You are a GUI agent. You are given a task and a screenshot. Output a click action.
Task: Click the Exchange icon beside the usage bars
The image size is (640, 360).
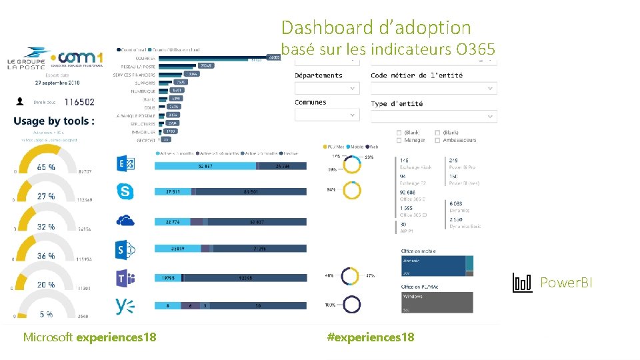(125, 164)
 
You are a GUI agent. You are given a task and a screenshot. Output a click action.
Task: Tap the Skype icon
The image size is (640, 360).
(125, 192)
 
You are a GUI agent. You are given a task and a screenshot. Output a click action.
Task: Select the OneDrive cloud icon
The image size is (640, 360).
(125, 221)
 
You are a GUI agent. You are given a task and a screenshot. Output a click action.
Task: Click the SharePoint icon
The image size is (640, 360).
(125, 249)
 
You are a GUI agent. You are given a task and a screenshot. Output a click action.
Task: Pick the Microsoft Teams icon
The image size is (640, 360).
(125, 278)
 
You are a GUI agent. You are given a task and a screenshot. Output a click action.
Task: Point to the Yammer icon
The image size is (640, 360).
(125, 306)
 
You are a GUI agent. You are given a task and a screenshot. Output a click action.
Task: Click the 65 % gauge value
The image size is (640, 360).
(46, 167)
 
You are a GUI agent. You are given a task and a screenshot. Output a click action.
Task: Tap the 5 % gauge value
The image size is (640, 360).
(46, 314)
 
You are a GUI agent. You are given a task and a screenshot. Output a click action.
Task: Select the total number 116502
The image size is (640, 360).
(77, 102)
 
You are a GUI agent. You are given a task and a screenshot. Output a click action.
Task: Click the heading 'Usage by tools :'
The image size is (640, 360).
(53, 121)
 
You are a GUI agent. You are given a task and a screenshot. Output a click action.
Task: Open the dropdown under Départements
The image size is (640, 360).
(327, 88)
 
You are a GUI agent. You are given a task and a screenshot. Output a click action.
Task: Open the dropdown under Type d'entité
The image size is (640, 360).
(433, 116)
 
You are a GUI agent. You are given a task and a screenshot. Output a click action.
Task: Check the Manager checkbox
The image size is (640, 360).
(399, 140)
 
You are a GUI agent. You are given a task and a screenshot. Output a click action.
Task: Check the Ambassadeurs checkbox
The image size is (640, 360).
(437, 140)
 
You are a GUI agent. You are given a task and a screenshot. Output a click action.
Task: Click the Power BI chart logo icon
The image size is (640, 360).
(522, 283)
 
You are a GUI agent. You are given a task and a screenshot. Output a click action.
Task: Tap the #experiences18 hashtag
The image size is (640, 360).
(371, 337)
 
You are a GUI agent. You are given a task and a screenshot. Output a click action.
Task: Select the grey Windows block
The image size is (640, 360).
(437, 302)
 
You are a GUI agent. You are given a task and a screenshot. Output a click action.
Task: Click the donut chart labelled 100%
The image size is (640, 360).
(351, 305)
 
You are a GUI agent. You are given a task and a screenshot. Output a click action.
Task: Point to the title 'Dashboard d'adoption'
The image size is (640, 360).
(376, 28)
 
